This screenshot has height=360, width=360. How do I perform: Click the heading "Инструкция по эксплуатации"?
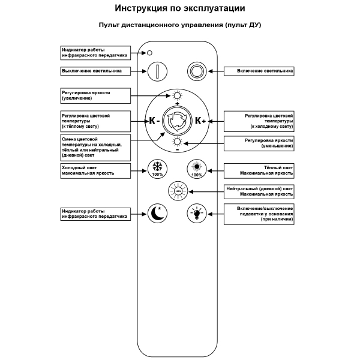click(180, 10)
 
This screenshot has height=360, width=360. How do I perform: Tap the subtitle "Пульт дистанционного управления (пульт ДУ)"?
click(180, 26)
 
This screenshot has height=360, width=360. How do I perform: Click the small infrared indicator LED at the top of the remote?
click(150, 52)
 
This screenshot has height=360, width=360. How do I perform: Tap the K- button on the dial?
click(154, 120)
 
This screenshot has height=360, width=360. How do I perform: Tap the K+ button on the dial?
click(200, 120)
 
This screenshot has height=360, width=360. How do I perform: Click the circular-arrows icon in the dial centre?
click(177, 120)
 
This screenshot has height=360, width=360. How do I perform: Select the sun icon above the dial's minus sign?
click(176, 142)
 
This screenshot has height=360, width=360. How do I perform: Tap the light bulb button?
click(196, 212)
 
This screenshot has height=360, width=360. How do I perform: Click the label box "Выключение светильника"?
click(95, 70)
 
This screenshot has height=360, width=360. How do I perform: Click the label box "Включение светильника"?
click(259, 70)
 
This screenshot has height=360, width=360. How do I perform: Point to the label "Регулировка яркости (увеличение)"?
click(95, 95)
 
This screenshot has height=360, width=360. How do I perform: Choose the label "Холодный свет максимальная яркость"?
click(95, 170)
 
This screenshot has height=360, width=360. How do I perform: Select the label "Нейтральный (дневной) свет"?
click(259, 191)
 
